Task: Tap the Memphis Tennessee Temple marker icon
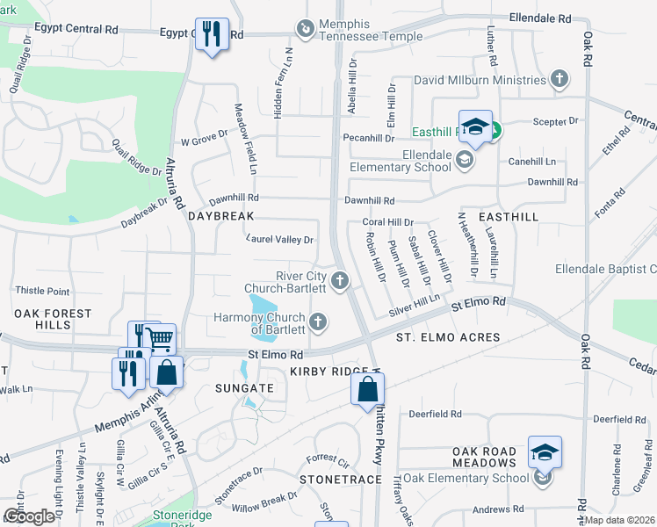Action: pyautogui.click(x=305, y=29)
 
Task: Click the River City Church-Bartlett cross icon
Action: pyautogui.click(x=340, y=281)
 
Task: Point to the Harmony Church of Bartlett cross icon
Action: pyautogui.click(x=317, y=322)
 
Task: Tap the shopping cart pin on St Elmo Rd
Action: pyautogui.click(x=159, y=339)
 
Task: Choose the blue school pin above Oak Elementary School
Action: pyautogui.click(x=545, y=452)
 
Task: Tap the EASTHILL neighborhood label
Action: pyautogui.click(x=508, y=215)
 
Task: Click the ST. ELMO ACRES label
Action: pyautogui.click(x=448, y=337)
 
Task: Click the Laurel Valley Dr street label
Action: pyautogui.click(x=279, y=239)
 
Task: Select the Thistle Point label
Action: pyautogui.click(x=42, y=291)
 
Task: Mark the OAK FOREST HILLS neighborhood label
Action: pyautogui.click(x=52, y=319)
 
